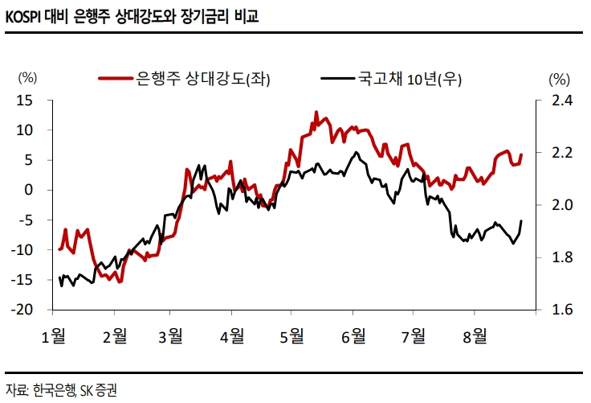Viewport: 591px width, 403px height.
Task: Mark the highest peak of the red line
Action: [316, 112]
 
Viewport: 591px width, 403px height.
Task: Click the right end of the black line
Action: [522, 220]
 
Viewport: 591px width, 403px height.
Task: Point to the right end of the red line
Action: [522, 154]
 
